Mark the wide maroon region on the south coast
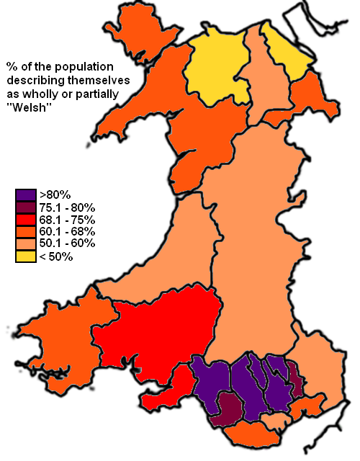[x=229, y=408]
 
